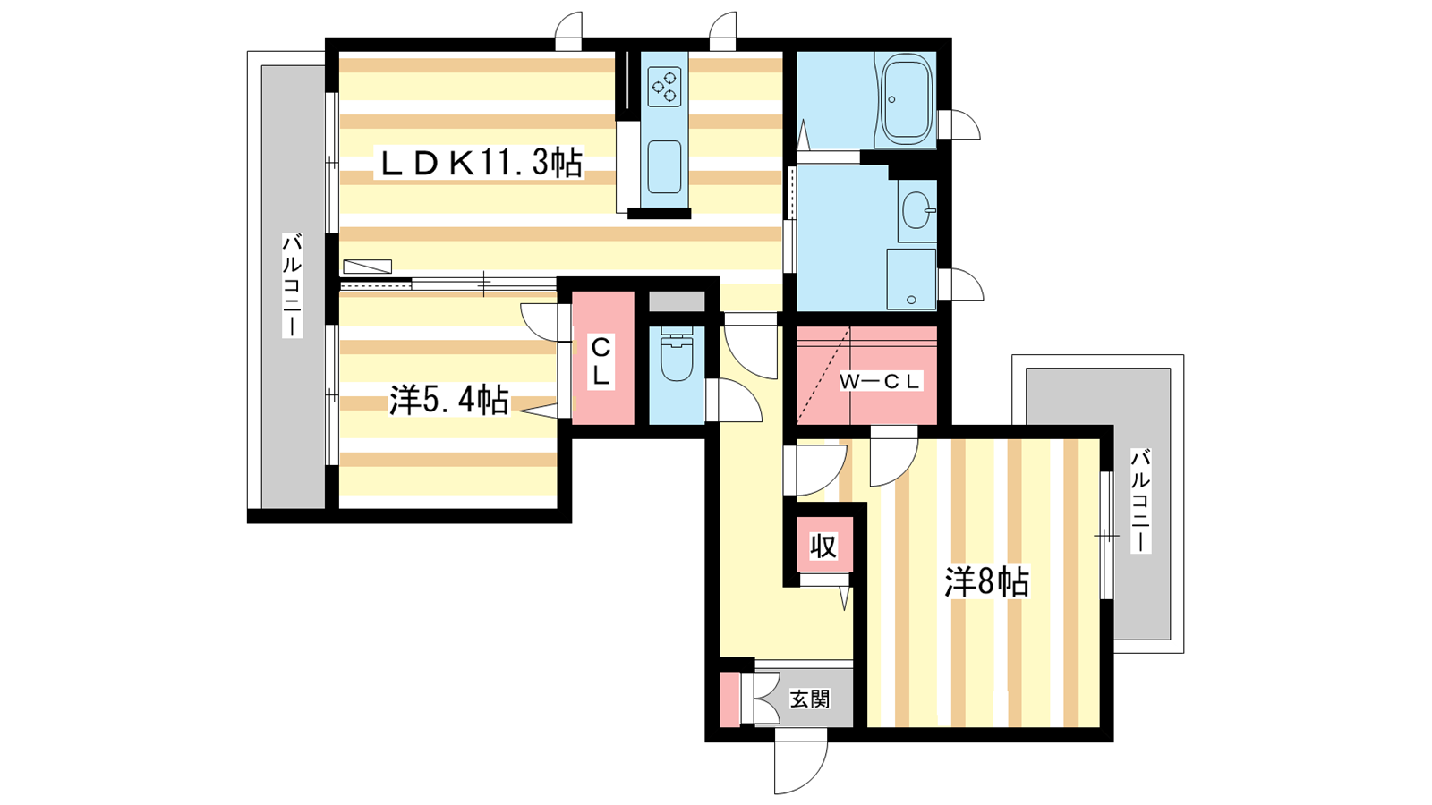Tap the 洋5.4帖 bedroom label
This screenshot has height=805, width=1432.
(x=449, y=401)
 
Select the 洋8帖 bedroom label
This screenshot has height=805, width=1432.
(x=987, y=582)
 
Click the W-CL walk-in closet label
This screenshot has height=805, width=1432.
(x=881, y=381)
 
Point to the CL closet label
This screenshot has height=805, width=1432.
(x=601, y=361)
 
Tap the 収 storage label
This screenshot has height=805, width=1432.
(x=823, y=547)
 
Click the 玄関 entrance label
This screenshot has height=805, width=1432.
(x=810, y=699)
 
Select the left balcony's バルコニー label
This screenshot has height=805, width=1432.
(x=292, y=285)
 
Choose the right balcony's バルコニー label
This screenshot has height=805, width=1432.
(x=1140, y=501)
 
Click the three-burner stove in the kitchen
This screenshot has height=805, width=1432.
(x=664, y=87)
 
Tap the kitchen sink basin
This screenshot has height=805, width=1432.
(x=664, y=166)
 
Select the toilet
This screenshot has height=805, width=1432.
(x=677, y=355)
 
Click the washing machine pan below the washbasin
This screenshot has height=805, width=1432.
(x=911, y=279)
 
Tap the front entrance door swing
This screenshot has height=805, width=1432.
(x=800, y=767)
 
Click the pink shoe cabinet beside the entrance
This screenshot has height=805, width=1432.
(x=729, y=699)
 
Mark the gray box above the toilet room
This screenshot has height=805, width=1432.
(x=677, y=301)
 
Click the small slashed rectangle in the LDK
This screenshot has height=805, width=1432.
(x=367, y=267)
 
